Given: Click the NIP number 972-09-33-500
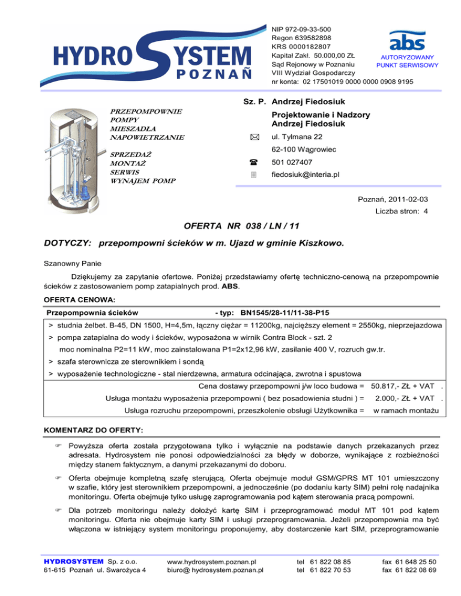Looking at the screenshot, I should pyautogui.click(x=303, y=28).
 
